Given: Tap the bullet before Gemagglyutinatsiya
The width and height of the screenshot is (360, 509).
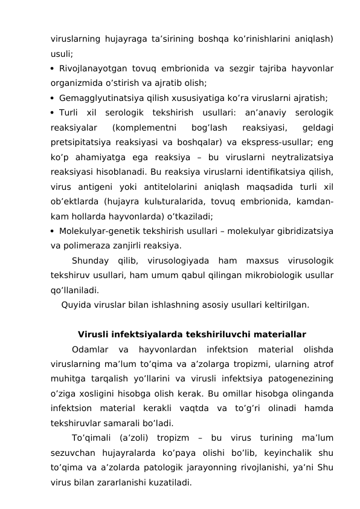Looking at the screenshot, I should tap(53, 97).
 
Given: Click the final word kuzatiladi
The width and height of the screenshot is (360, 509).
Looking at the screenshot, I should tap(171, 482).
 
